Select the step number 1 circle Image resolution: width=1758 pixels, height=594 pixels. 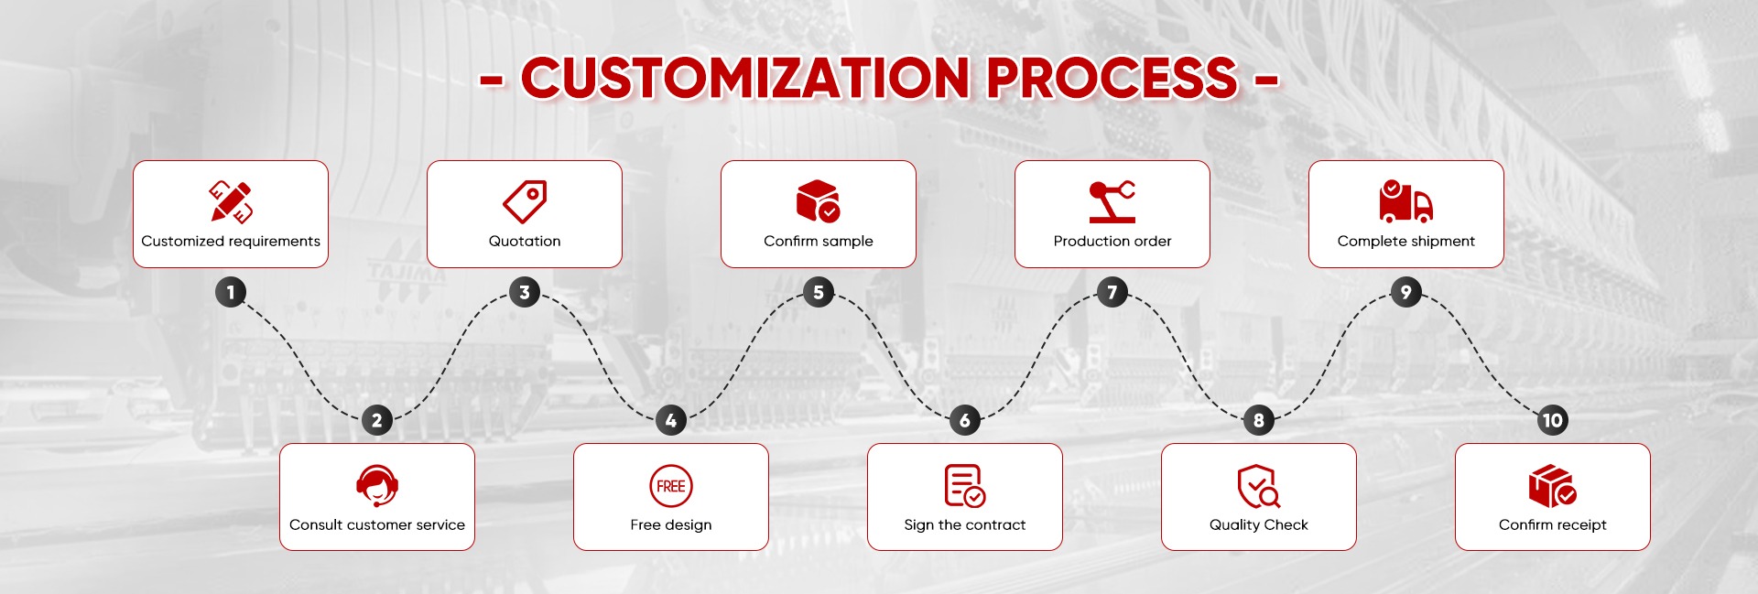point(231,292)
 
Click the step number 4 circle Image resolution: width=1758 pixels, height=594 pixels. point(671,420)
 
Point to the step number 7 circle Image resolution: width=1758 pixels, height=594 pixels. point(1112,292)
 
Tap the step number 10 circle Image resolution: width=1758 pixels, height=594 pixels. point(1553,420)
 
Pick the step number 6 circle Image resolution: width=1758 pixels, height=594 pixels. point(965,420)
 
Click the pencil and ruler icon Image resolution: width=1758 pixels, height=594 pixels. point(231,201)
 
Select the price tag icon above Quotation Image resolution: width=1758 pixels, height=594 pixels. point(525,201)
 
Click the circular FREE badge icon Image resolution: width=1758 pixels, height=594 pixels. point(671,486)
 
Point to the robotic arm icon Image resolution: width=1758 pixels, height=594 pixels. point(1112,201)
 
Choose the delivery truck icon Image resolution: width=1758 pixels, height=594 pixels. point(1406,201)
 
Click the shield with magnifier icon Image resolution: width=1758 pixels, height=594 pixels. point(1259,486)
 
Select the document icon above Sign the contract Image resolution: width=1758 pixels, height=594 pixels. point(965,486)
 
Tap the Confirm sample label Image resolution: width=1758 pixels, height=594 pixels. point(819,242)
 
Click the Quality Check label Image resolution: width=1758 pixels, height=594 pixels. point(1259,525)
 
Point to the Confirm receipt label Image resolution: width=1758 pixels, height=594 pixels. point(1553,525)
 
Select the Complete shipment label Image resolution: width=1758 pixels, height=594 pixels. point(1406,242)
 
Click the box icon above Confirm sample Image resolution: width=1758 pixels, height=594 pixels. point(819,201)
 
